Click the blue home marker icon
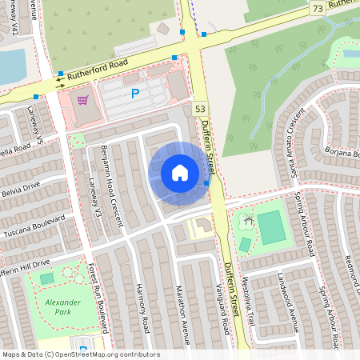[180, 173]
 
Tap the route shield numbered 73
[318, 7]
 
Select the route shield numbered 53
[200, 108]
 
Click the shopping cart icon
[82, 100]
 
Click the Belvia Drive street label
[19, 189]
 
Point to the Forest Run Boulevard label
[98, 296]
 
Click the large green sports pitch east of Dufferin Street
[271, 227]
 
